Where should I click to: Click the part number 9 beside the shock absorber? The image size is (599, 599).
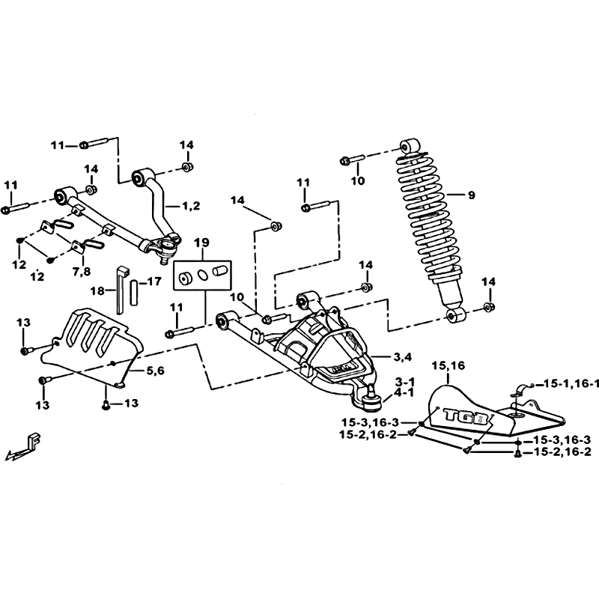point(472,195)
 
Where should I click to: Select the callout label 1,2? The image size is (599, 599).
point(191,206)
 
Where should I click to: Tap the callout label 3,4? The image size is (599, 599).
point(403,357)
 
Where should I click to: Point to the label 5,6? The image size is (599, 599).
point(155,370)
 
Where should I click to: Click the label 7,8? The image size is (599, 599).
point(82,272)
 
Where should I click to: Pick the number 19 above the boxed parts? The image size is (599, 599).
point(202,242)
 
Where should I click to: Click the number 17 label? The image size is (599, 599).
point(154,282)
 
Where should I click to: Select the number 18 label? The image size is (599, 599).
point(97,291)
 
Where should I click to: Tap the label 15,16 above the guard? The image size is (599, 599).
point(448,365)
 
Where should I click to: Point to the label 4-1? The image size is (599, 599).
point(404,392)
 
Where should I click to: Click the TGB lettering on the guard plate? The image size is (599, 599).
point(466,416)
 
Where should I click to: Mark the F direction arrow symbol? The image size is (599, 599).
point(24,446)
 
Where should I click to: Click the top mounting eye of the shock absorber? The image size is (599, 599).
point(410,147)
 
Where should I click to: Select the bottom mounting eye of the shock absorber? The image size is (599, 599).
point(455,314)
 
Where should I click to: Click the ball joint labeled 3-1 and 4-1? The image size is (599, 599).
point(370,400)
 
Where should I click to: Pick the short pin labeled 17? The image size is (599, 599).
point(134,293)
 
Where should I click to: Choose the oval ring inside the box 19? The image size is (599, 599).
point(203,276)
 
